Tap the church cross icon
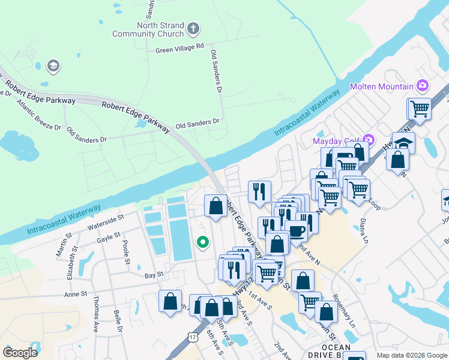pos(193,28)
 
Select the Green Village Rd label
pos(180,48)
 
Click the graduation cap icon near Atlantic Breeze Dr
pos(53,65)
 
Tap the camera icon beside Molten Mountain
pos(423,86)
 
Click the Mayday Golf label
pos(336,142)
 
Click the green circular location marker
pos(203,242)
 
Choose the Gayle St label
pos(109,238)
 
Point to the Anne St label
pos(76,295)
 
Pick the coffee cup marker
pos(295,231)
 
